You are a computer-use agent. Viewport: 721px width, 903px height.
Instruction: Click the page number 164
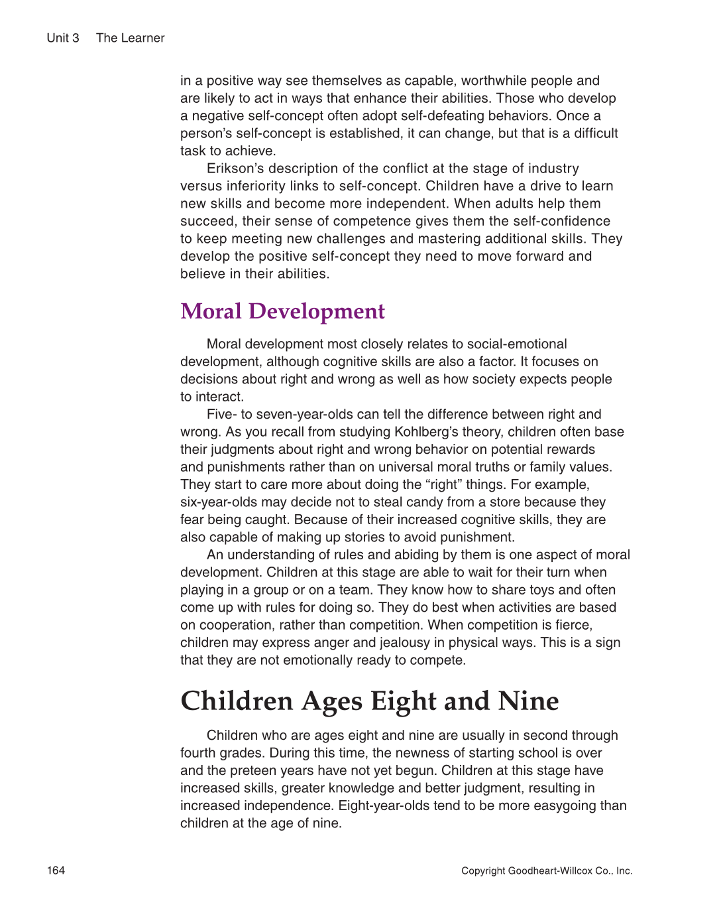click(x=56, y=870)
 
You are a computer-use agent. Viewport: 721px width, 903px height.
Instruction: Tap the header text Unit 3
click(x=63, y=38)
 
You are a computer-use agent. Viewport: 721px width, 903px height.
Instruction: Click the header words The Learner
click(x=130, y=38)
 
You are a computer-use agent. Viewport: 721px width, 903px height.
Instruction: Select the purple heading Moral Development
click(x=282, y=311)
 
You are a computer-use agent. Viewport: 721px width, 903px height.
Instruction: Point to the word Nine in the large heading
click(x=528, y=701)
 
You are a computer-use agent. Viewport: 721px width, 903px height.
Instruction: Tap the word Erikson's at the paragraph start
click(x=235, y=169)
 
